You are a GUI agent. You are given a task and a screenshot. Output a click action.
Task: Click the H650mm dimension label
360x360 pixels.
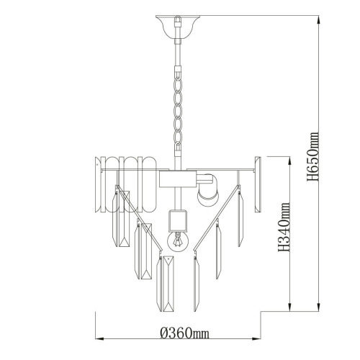tap(313, 156)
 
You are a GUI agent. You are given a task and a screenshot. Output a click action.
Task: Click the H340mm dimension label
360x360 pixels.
tap(284, 228)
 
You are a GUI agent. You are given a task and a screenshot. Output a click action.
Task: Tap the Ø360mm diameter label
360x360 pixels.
tap(184, 333)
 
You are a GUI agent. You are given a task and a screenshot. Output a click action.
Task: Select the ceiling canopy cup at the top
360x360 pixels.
tap(178, 27)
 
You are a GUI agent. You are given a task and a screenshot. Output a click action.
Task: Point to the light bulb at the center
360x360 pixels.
tap(178, 240)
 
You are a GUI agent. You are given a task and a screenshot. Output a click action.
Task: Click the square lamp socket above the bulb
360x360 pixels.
tap(178, 220)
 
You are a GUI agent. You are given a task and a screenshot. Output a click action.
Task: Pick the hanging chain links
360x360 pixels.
tap(178, 109)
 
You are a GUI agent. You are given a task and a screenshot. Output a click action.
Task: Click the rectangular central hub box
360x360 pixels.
tap(178, 179)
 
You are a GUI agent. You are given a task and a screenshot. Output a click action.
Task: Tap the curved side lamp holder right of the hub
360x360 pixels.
tap(207, 189)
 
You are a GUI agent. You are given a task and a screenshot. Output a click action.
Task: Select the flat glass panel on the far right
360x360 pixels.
tap(258, 184)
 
